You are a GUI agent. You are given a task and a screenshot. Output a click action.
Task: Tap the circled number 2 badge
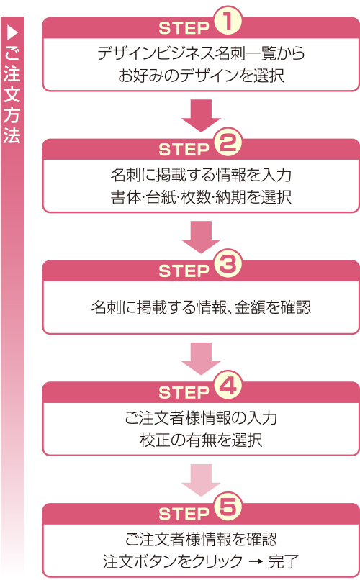(227, 145)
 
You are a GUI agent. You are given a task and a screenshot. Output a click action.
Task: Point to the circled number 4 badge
(227, 388)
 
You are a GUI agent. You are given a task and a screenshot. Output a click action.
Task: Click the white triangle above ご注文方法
(12, 33)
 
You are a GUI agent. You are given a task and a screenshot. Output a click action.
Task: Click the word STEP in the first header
(183, 29)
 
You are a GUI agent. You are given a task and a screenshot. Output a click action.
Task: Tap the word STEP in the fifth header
(183, 515)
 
